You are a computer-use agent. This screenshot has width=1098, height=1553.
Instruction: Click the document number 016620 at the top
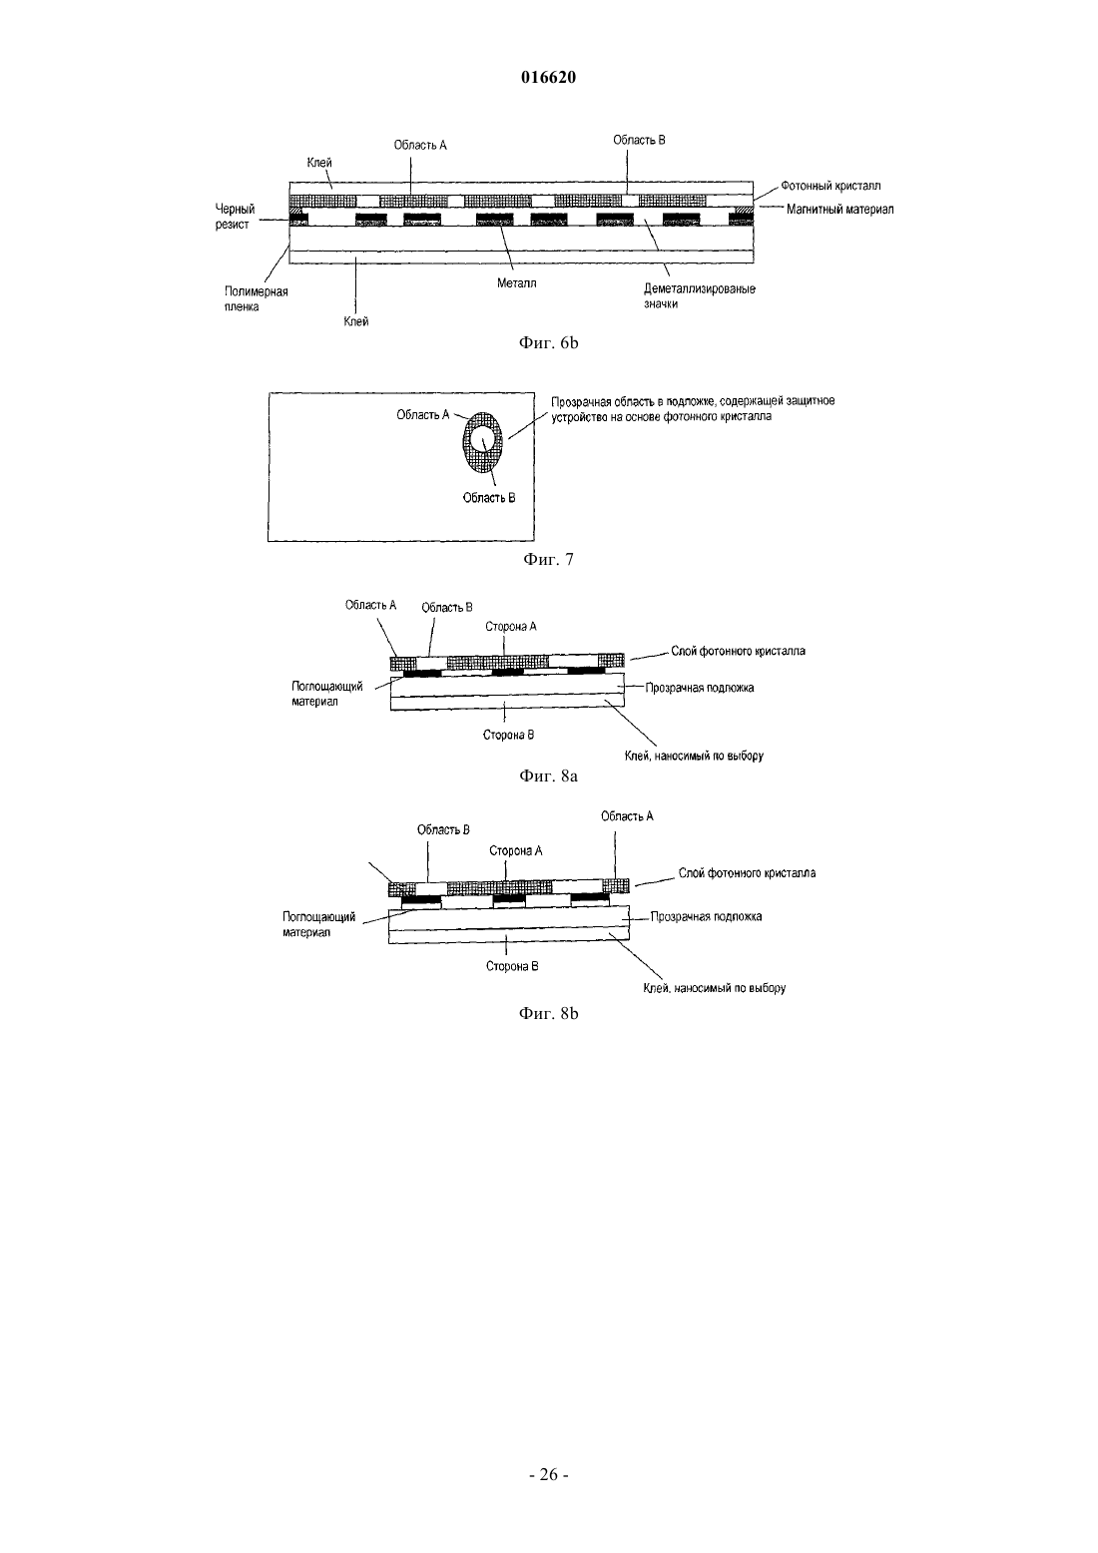coord(548,77)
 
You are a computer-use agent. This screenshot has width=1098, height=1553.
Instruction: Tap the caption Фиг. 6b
coord(548,342)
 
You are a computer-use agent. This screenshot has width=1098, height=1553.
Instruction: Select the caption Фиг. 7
coord(548,560)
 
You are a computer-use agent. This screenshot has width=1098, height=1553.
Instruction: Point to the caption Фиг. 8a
coord(548,776)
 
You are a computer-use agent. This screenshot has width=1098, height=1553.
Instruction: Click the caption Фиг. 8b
coord(548,1014)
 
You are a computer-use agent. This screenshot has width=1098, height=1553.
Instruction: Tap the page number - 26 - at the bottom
coord(548,1475)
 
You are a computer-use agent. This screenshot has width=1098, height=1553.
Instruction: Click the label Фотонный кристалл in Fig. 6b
coord(830,186)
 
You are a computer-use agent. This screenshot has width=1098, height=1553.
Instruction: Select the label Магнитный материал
coord(839,209)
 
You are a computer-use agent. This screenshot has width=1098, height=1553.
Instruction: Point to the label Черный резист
coord(235,217)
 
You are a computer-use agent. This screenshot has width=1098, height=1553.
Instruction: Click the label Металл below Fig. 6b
coord(516,282)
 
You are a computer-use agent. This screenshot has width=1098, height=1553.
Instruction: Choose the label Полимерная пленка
coord(256,298)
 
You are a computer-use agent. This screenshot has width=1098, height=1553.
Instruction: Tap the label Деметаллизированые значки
coord(699,296)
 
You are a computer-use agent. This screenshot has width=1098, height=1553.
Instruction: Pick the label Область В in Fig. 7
coord(489,498)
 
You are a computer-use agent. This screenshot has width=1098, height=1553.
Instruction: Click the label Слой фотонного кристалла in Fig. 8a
coord(739,651)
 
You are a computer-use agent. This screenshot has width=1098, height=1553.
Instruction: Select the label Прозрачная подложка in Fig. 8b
coord(706,916)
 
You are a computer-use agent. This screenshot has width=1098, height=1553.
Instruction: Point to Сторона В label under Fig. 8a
coord(508,735)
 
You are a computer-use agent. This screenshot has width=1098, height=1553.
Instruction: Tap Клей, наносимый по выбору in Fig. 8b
coord(715,988)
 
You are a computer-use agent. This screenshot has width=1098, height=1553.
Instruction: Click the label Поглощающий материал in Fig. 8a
coord(326,694)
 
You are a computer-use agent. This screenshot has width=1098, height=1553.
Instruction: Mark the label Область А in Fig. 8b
coord(627,816)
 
